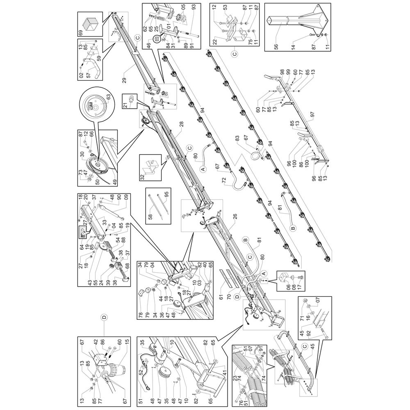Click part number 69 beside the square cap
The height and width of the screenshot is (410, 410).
tap(80, 33)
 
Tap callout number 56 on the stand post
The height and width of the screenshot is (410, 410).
tap(276, 47)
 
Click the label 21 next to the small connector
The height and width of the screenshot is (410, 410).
tap(125, 105)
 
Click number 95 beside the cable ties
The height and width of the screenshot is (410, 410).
tap(166, 195)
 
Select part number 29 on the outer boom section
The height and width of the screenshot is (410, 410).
tap(125, 80)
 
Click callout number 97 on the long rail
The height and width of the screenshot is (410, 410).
tap(312, 114)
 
